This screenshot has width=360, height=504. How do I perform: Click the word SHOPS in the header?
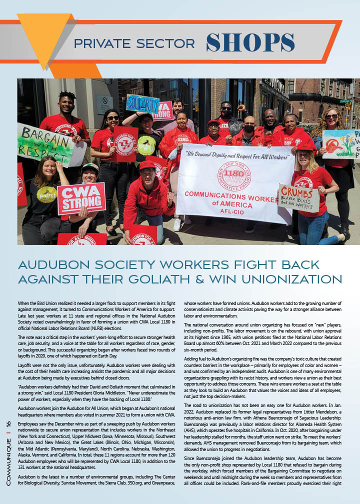(x=250, y=42)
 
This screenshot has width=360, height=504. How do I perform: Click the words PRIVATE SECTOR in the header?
(x=134, y=43)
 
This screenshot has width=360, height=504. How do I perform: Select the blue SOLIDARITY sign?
(x=142, y=103)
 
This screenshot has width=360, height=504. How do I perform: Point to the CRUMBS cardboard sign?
(x=298, y=197)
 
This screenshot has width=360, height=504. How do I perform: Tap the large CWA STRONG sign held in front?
(x=81, y=197)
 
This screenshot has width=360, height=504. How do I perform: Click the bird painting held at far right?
(x=340, y=144)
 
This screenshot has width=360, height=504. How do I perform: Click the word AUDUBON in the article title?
(x=51, y=264)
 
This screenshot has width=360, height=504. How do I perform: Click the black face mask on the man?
(x=248, y=129)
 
